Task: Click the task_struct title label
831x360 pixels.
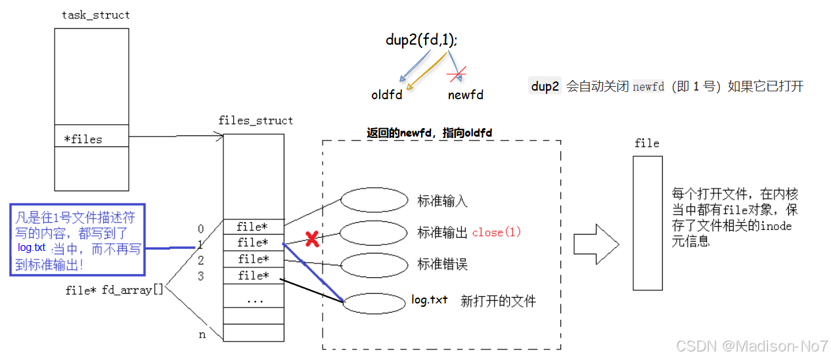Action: tap(96, 15)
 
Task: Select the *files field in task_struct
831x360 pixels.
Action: tap(83, 139)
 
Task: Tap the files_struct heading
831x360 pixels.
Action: tap(256, 121)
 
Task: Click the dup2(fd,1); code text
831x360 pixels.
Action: tap(422, 40)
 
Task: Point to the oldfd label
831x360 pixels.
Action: tap(386, 95)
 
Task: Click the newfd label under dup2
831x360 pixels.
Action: tap(466, 95)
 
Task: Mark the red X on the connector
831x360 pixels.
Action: tap(313, 239)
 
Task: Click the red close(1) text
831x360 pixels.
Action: tap(497, 233)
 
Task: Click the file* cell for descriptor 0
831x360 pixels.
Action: tap(254, 227)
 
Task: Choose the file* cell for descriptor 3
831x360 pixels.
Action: tap(254, 276)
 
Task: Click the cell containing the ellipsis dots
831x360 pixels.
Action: tap(254, 300)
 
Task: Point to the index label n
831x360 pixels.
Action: tap(202, 334)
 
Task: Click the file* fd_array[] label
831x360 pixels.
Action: tap(114, 290)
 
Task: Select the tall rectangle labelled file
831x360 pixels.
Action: tap(647, 223)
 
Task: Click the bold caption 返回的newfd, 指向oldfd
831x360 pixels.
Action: tap(430, 133)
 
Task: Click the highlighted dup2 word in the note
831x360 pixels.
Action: tap(545, 86)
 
